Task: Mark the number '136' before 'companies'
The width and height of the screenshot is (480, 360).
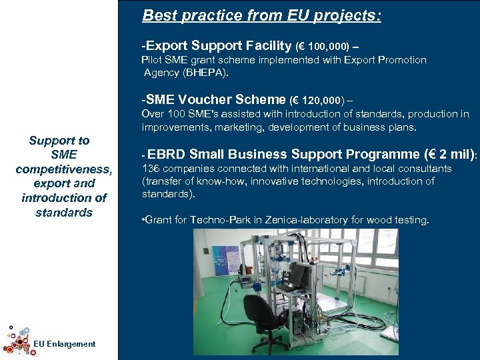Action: tap(150, 169)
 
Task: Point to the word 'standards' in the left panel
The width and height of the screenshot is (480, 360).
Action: tap(64, 213)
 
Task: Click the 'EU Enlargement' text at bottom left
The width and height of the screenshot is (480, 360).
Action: tap(64, 344)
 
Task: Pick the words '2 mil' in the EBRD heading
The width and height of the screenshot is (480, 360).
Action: tap(453, 154)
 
